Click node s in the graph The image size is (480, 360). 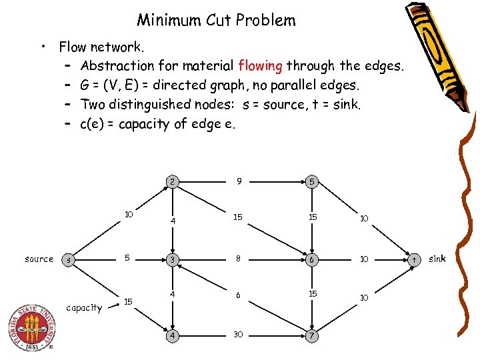click(x=69, y=259)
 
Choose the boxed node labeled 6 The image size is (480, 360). click(x=311, y=259)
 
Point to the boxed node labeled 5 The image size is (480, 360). click(x=311, y=181)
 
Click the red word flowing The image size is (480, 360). click(x=260, y=66)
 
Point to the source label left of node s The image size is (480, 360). click(x=39, y=259)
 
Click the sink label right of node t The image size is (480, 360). click(x=437, y=258)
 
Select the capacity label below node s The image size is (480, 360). click(x=85, y=307)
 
